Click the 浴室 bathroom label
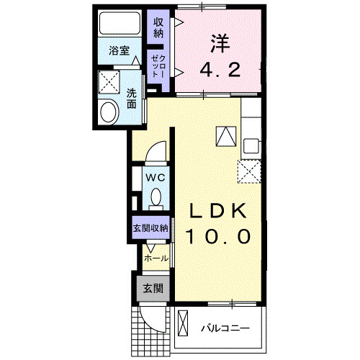pos(120,50)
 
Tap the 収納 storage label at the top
pos(158,27)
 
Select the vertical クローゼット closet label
pos(157,66)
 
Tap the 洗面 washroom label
pos(132,98)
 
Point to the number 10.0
pos(219,235)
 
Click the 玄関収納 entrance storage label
pos(150,228)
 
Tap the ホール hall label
pos(156,258)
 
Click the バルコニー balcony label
pos(225,329)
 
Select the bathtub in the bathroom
pos(119,24)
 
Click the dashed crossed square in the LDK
pos(249,171)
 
